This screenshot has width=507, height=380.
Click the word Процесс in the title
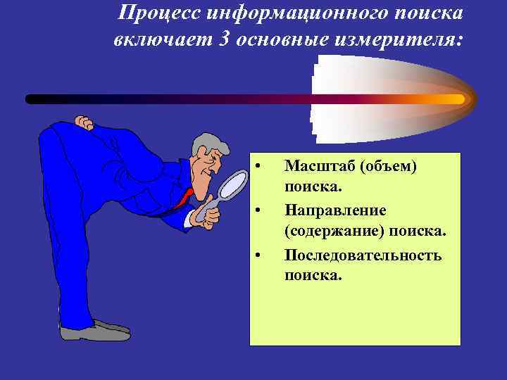(155, 13)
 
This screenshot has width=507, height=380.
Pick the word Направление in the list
(334, 210)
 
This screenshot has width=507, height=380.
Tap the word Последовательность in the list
(363, 255)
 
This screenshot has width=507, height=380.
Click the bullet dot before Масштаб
(259, 166)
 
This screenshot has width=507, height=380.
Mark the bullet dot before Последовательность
(259, 255)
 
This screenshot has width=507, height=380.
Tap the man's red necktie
(184, 198)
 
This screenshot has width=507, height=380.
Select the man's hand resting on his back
(84, 125)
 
